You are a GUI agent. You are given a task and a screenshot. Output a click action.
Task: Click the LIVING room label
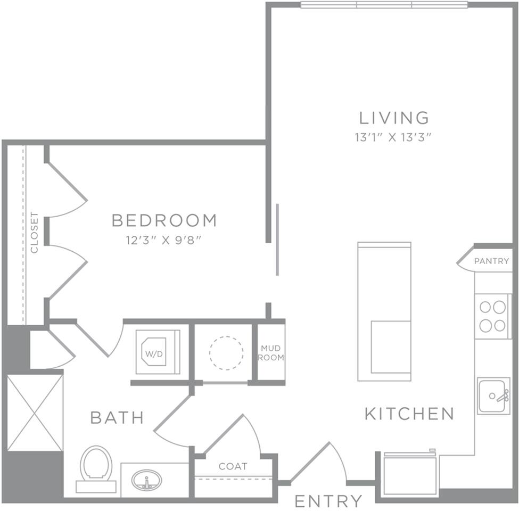(x=394, y=117)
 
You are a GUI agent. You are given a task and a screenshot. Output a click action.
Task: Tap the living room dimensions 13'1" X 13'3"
(x=393, y=137)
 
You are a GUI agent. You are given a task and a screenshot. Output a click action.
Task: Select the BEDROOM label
(x=164, y=220)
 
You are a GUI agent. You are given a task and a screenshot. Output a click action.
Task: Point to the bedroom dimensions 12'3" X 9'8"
(x=164, y=240)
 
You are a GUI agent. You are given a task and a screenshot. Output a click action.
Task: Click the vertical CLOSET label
(x=35, y=233)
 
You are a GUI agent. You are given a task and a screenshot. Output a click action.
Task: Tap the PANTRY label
(x=491, y=261)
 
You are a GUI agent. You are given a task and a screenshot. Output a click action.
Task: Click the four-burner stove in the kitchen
(x=492, y=316)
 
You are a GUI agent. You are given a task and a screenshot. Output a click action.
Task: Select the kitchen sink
(x=493, y=395)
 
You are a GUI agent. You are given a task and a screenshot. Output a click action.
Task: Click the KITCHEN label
(x=409, y=414)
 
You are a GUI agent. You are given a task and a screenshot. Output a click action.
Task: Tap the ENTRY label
(x=328, y=501)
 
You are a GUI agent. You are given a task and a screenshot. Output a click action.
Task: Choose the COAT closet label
(x=233, y=466)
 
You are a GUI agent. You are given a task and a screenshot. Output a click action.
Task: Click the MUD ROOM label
(x=271, y=353)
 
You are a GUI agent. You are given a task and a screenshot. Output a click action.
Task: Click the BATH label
(x=117, y=418)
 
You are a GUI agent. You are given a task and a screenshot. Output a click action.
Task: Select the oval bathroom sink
(x=147, y=480)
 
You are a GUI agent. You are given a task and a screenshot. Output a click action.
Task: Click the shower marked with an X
(x=35, y=413)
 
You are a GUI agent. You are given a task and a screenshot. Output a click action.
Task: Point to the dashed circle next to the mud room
(x=226, y=353)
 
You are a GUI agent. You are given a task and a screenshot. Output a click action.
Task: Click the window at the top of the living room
(x=384, y=5)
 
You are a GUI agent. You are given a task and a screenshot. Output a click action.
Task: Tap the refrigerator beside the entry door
(x=410, y=473)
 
